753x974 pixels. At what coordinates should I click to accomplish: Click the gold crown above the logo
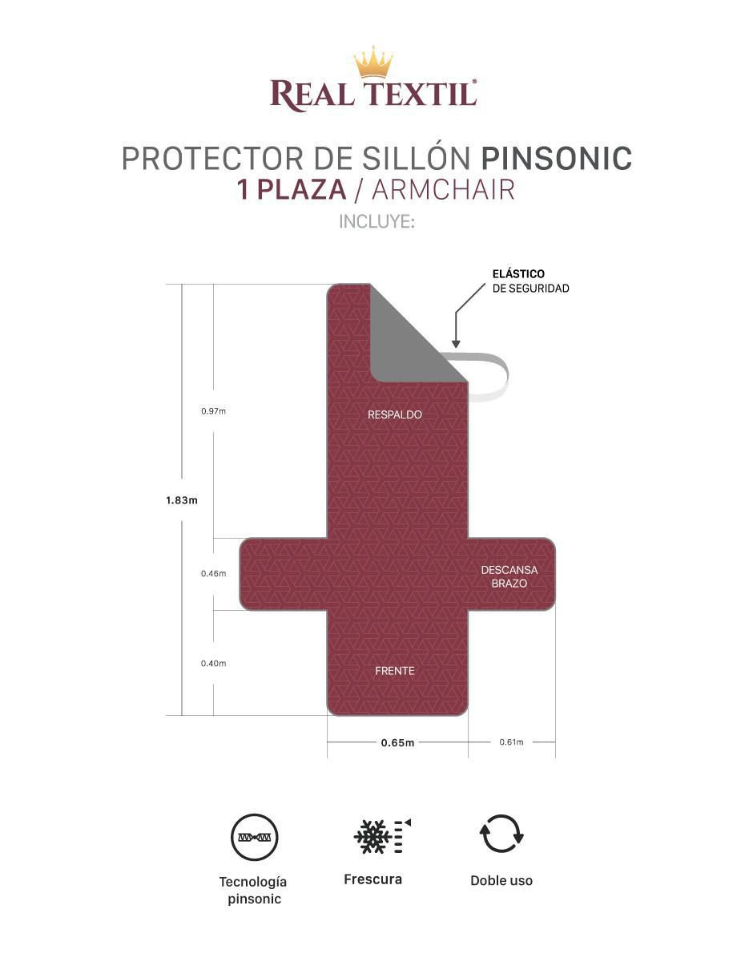373,62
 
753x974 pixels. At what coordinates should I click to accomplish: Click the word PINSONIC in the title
556,158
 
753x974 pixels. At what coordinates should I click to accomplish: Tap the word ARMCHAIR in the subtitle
443,189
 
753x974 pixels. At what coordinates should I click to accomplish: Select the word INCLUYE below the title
376,221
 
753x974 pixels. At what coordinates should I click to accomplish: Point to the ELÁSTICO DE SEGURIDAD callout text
530,281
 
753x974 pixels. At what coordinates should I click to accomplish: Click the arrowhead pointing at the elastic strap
456,343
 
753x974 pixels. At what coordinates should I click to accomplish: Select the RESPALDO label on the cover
394,414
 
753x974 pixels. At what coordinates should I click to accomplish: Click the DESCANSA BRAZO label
509,576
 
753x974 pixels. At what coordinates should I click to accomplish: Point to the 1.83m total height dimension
181,500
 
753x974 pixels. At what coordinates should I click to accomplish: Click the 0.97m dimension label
213,411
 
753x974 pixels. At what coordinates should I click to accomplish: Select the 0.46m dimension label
213,573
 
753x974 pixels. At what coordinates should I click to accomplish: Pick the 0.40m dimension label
213,664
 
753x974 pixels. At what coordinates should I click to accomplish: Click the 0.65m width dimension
397,742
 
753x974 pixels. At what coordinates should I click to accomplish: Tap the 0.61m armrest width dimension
511,742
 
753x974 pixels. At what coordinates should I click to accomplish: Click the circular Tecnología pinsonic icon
254,837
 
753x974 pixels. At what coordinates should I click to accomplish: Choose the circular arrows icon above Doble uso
501,833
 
